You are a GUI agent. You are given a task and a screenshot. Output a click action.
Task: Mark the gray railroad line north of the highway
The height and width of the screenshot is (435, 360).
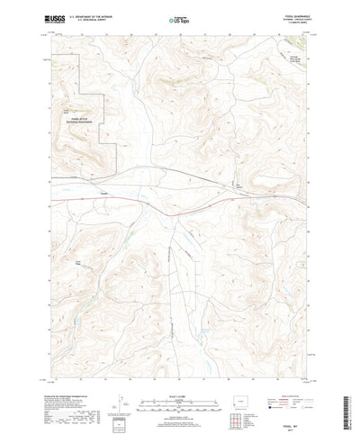coord(180,174)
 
